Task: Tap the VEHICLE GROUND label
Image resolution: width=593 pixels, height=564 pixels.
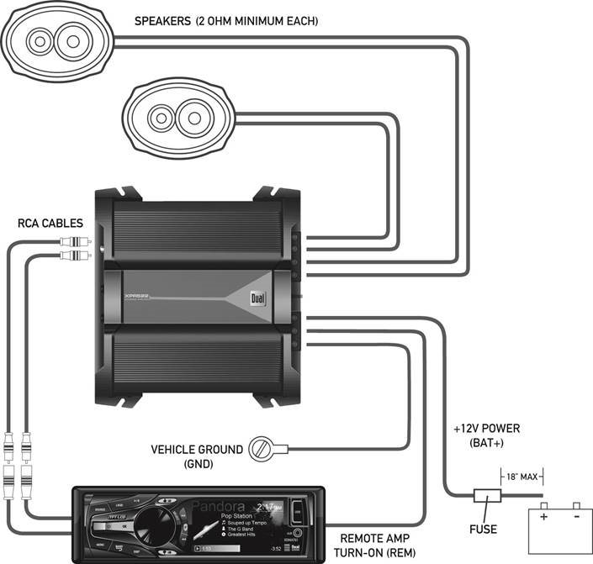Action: [x=198, y=449]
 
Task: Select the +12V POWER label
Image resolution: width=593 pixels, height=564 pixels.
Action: [x=486, y=429]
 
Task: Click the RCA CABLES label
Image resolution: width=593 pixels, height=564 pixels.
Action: [x=50, y=224]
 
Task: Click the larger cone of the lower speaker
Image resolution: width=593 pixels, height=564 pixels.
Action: [x=190, y=115]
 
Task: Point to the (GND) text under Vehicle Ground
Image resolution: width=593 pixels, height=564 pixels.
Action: [x=198, y=464]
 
